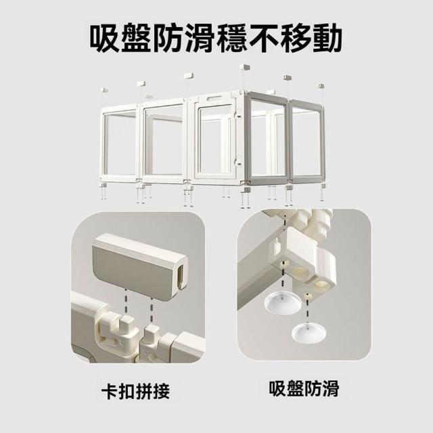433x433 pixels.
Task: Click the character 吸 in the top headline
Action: coord(106,38)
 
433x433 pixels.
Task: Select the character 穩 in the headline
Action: coord(231,38)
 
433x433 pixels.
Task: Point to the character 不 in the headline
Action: coord(263,38)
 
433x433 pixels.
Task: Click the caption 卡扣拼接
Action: coord(135,391)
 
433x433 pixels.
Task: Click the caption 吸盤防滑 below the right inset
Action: coord(304,388)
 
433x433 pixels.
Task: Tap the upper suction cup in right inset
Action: coord(283,303)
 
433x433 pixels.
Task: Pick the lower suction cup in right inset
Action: coord(309,332)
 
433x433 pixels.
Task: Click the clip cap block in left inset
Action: coord(140,265)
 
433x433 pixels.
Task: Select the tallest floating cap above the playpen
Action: coord(245,67)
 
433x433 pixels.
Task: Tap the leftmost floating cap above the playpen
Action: coord(104,90)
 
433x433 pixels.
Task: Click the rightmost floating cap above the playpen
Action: coord(321,86)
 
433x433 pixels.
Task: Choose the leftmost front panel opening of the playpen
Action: coord(120,143)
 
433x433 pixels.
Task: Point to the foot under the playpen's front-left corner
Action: coord(104,185)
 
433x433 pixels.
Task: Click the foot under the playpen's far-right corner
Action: coord(322,186)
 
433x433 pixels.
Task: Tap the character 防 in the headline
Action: coord(168,38)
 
